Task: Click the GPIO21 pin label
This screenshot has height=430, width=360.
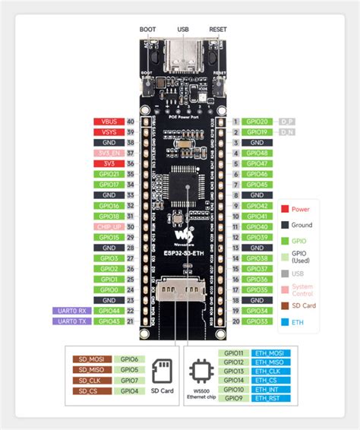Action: tap(107, 174)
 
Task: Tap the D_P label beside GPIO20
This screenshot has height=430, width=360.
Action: tap(287, 122)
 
